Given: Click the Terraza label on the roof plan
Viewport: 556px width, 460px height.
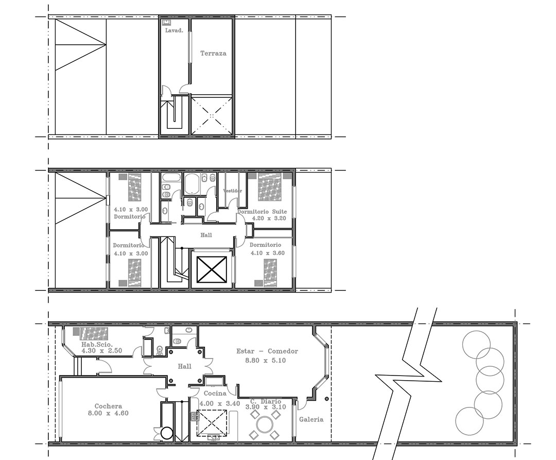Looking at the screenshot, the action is pos(213,54).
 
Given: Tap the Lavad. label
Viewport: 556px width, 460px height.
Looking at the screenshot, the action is pos(174,30).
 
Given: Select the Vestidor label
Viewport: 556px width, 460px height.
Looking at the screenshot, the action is pos(233,191).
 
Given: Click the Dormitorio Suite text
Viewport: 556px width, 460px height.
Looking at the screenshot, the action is pos(262,212).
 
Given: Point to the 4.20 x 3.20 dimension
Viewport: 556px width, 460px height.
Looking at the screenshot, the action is pos(269,218).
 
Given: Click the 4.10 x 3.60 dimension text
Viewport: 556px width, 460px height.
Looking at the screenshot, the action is pos(267,253).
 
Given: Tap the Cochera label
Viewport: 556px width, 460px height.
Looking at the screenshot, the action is pos(108,406).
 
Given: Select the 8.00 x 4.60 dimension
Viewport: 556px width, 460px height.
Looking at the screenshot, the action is pos(108,413).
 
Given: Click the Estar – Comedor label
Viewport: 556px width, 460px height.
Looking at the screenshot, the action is pos(267,351).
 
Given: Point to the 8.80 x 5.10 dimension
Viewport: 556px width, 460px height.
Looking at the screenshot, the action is pos(266,361).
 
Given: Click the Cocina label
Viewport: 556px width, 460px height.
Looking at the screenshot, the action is pos(215,394).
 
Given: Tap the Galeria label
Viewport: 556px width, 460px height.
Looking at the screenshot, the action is pos(311,420).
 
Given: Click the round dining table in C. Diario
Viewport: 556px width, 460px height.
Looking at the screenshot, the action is pos(265,424).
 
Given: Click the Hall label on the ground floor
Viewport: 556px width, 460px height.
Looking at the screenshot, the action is pos(184,366).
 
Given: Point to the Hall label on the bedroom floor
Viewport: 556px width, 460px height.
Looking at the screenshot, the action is pos(206,235).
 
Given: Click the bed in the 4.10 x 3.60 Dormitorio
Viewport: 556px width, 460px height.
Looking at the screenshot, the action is pos(270,272).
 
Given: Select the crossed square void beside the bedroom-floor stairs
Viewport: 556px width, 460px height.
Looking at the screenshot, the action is pos(212,269).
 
